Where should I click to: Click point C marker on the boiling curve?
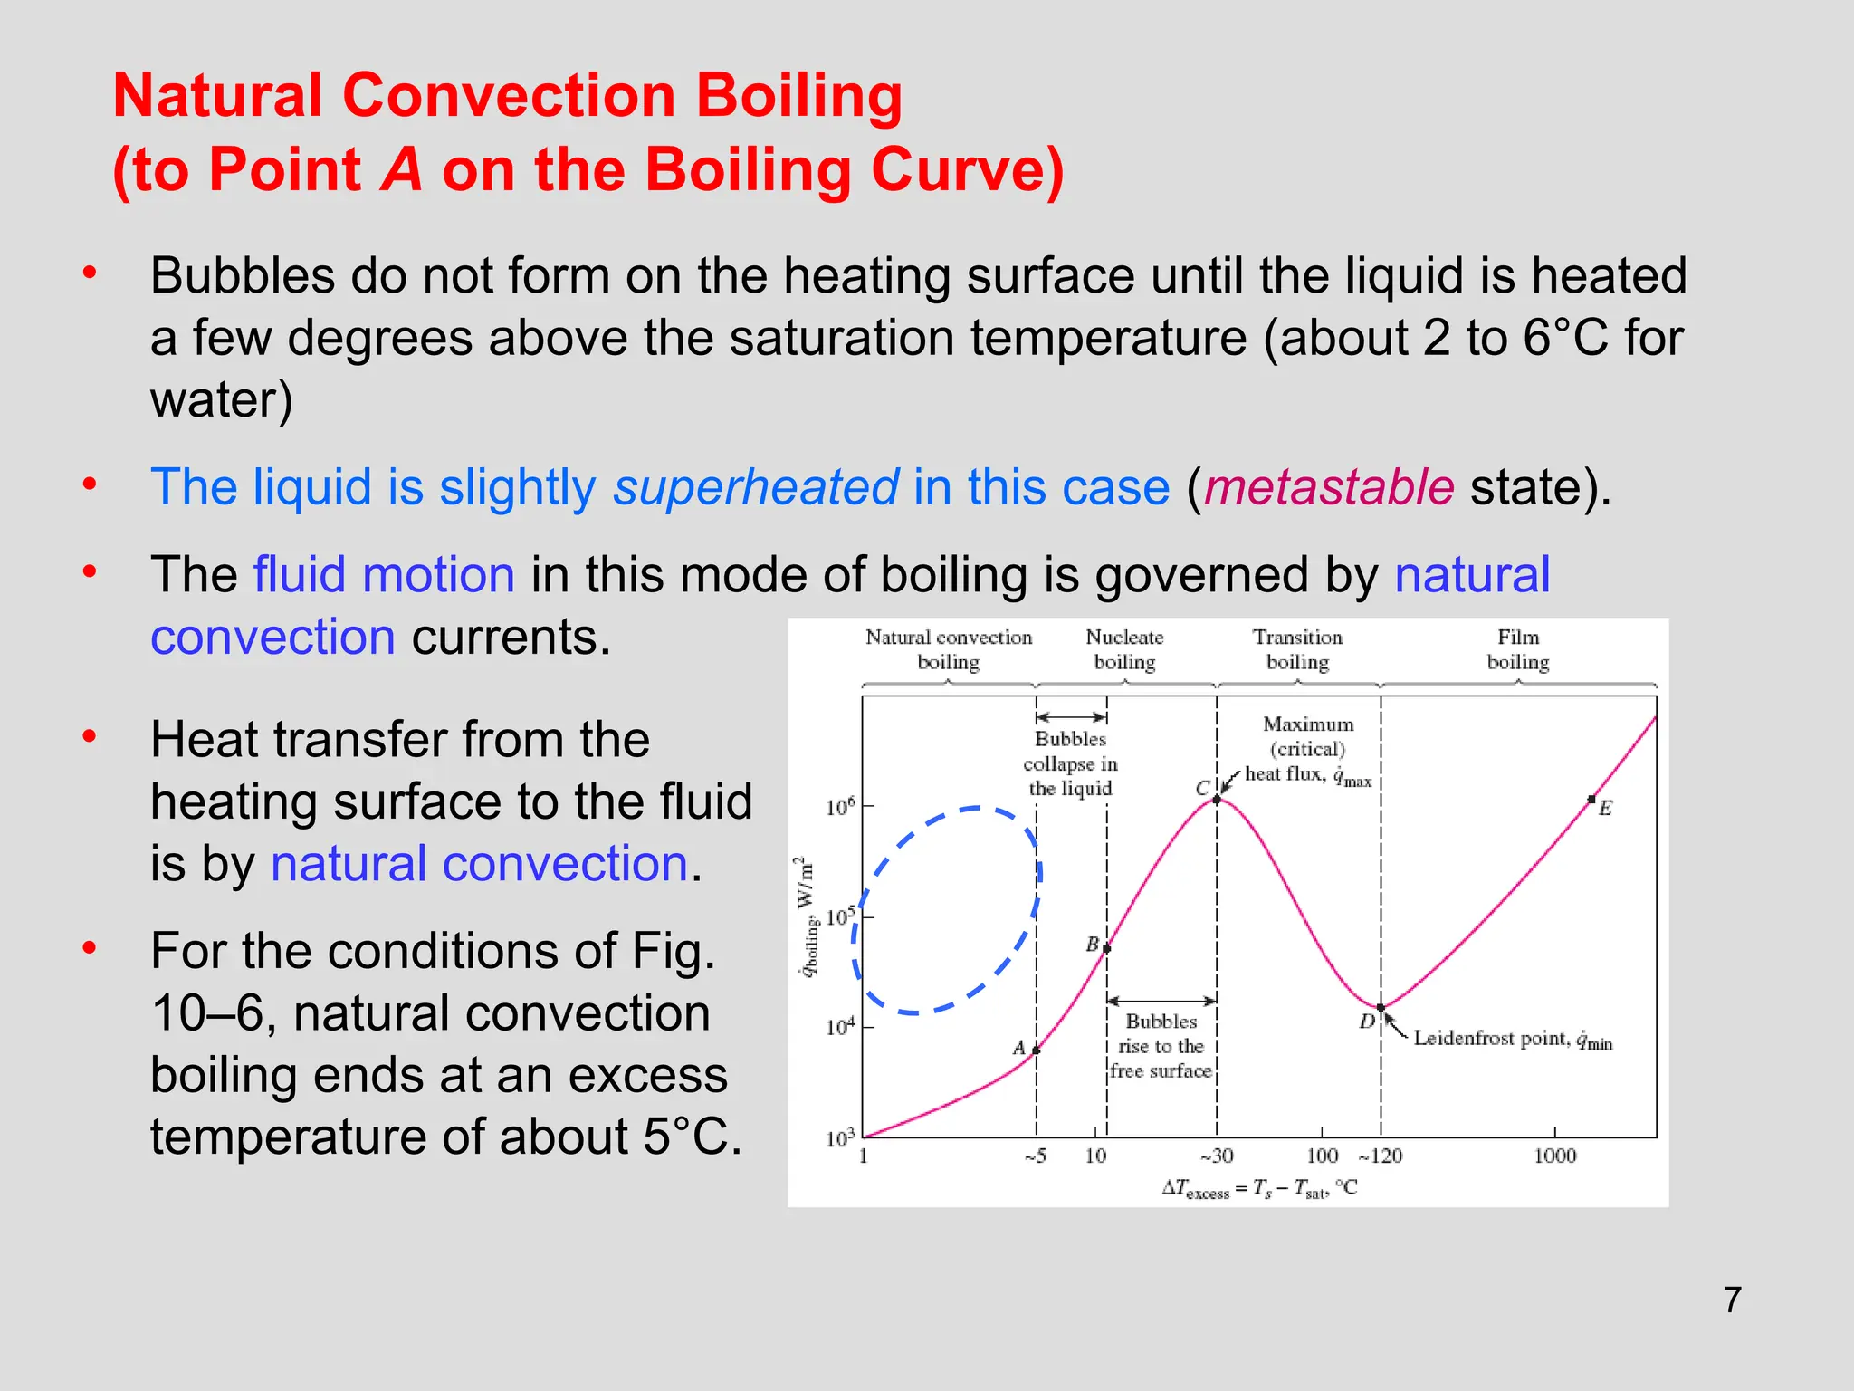pyautogui.click(x=1217, y=799)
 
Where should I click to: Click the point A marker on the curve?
pyautogui.click(x=1037, y=1050)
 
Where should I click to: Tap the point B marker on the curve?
pyautogui.click(x=1106, y=948)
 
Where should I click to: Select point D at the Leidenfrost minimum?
pyautogui.click(x=1381, y=1007)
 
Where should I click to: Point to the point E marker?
pyautogui.click(x=1591, y=799)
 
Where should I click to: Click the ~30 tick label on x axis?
pyautogui.click(x=1217, y=1156)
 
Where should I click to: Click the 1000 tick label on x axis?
pyautogui.click(x=1554, y=1156)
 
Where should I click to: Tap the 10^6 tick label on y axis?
pyautogui.click(x=839, y=806)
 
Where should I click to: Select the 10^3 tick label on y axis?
pyautogui.click(x=839, y=1138)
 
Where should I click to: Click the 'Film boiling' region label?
pyautogui.click(x=1518, y=649)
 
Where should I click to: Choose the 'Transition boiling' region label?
pyautogui.click(x=1297, y=649)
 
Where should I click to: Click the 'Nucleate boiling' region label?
pyautogui.click(x=1124, y=649)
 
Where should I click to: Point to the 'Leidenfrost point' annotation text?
pyautogui.click(x=1512, y=1039)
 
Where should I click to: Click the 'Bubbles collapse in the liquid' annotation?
pyautogui.click(x=1070, y=763)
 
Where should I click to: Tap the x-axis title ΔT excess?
pyautogui.click(x=1259, y=1189)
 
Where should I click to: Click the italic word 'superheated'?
pyautogui.click(x=756, y=487)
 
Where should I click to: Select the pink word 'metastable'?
pyautogui.click(x=1329, y=487)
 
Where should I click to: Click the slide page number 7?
pyautogui.click(x=1732, y=1300)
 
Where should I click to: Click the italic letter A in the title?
pyautogui.click(x=401, y=169)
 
